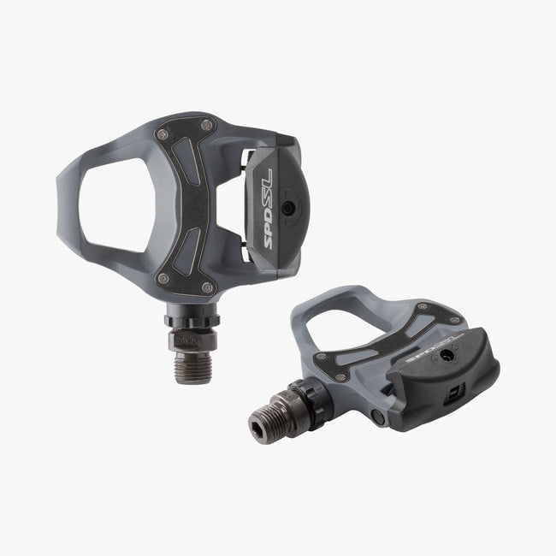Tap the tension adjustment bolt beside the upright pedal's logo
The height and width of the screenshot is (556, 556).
tap(289, 208)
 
